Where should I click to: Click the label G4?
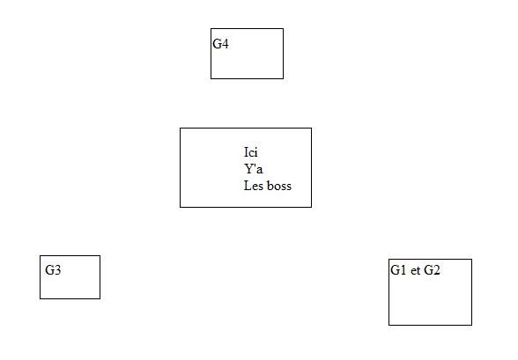[220, 44]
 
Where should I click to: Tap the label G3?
[53, 270]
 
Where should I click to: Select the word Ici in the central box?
[251, 152]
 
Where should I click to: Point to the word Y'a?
[254, 169]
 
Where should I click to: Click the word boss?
[279, 186]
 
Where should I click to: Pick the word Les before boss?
[254, 186]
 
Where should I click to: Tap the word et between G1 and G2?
[415, 270]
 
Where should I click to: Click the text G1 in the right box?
[398, 270]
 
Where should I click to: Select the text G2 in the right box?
[432, 270]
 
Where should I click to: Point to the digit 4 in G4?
[225, 44]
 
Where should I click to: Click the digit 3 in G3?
[57, 270]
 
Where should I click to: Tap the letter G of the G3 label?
[49, 270]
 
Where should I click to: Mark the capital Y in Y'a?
[248, 169]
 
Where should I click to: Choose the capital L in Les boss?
[248, 186]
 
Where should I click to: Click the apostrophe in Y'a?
[255, 166]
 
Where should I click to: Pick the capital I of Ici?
[246, 152]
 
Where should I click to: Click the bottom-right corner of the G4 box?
[283, 78]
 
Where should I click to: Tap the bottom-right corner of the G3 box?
[100, 298]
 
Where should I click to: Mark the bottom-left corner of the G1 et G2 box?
[388, 325]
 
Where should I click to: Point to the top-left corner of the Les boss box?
[180, 128]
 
